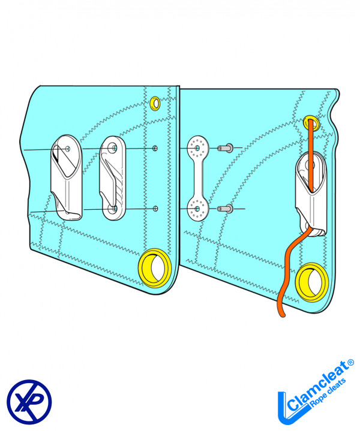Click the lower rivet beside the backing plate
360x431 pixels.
226,209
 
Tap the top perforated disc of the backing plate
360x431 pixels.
197,147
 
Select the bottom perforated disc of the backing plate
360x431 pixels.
197,209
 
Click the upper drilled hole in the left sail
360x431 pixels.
155,148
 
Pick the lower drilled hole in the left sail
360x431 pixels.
155,208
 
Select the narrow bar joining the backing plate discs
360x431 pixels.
197,178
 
